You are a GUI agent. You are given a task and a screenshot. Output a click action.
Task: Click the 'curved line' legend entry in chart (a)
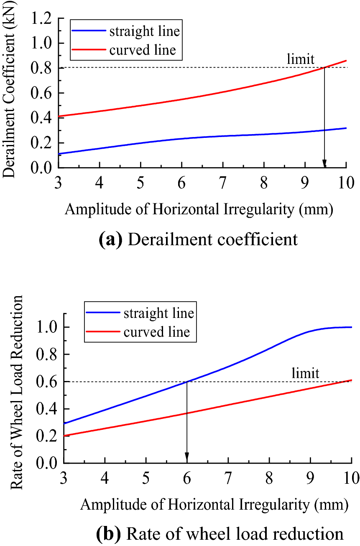click(143, 50)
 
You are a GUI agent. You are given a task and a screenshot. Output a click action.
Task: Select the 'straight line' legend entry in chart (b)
click(158, 314)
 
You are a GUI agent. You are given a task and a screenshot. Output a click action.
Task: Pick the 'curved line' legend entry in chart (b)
click(156, 333)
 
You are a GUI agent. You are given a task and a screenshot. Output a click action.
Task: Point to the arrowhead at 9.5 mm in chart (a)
click(324, 164)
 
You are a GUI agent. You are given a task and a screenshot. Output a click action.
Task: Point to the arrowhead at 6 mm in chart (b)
click(187, 459)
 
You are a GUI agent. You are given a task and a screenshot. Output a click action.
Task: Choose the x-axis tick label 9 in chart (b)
click(310, 477)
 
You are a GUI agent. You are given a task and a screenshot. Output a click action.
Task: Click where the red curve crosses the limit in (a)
click(324, 68)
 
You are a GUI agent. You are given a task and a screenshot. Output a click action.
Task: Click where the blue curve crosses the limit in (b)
click(187, 381)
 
